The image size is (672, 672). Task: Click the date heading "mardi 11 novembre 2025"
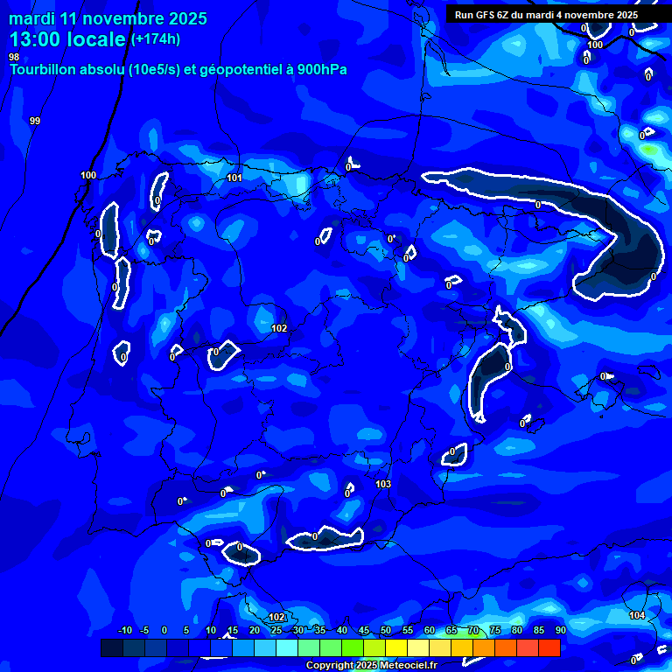108,18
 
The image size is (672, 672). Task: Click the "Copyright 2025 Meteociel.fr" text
371,666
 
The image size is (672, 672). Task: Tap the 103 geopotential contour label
382,484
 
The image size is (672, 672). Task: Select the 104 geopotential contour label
637,616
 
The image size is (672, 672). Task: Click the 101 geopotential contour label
234,178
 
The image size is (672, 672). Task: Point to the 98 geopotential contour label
14,57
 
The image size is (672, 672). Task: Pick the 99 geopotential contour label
35,121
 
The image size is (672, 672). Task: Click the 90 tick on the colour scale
560,630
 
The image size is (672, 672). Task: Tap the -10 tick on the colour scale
125,630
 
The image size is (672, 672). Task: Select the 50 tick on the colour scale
386,630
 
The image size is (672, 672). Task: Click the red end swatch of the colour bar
549,647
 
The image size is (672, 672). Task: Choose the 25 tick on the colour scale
276,630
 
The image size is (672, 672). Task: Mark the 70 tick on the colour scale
473,630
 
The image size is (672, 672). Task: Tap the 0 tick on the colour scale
164,630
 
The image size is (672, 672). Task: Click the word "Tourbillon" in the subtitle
43,69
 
